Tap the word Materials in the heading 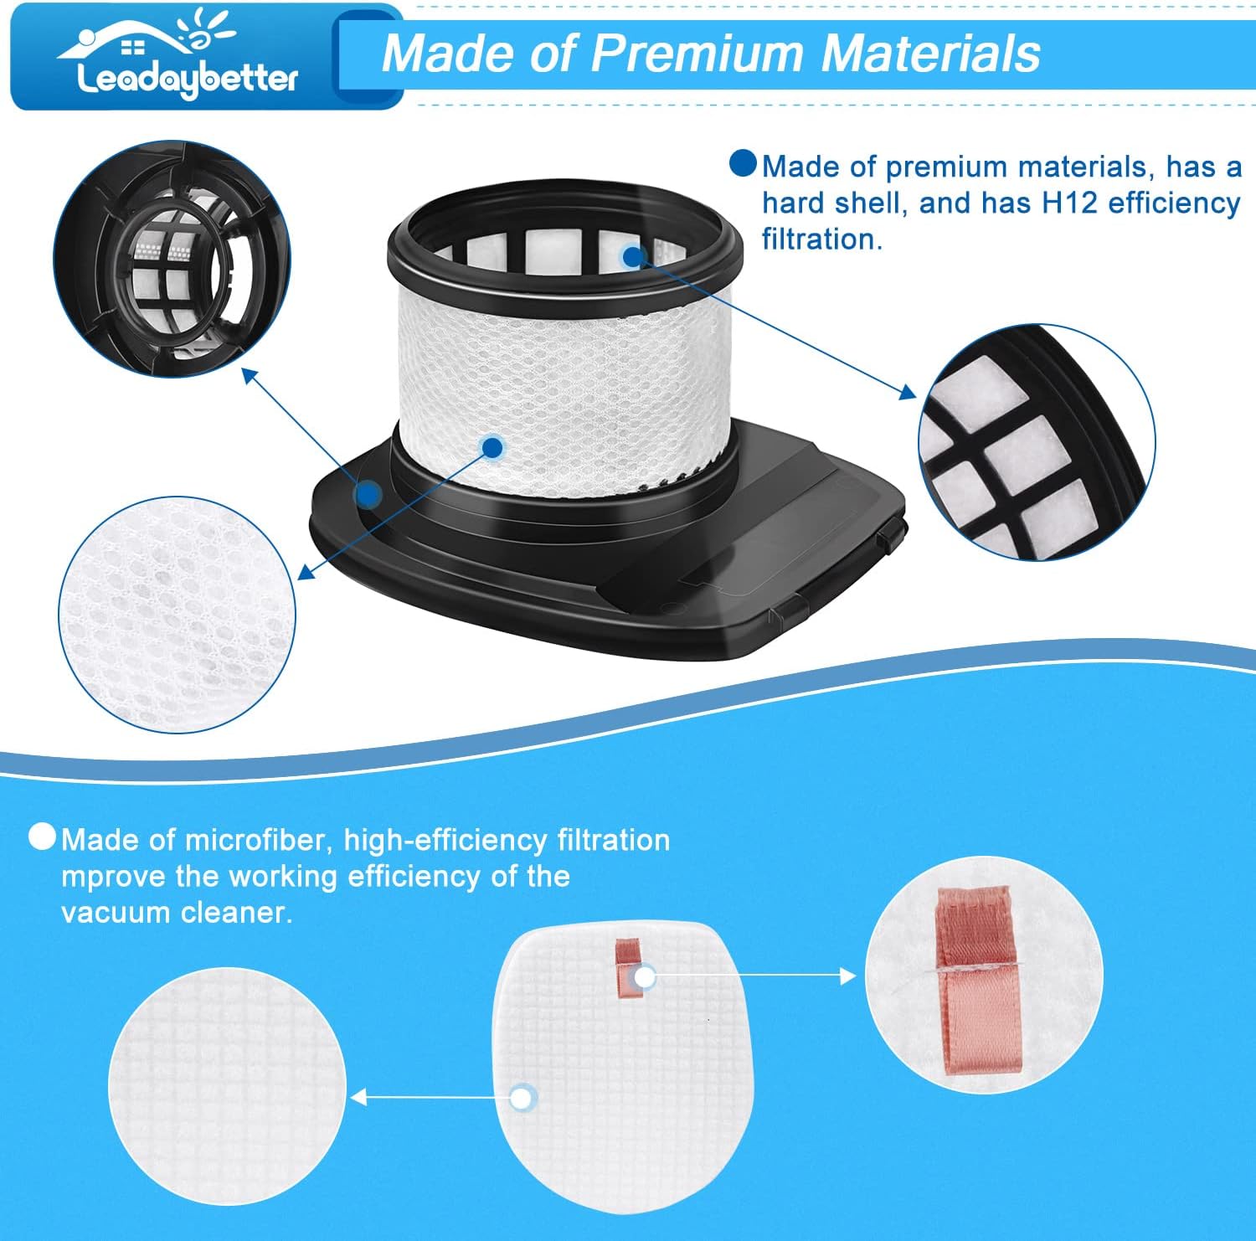coord(930,54)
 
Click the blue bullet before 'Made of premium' coord(743,163)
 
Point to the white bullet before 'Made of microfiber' coord(42,837)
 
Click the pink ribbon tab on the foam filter coord(629,968)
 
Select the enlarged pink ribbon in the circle coord(979,980)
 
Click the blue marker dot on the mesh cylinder coord(493,447)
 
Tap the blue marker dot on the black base coord(368,494)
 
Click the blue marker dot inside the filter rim coord(632,256)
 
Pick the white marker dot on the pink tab coord(644,977)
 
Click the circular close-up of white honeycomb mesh coord(177,615)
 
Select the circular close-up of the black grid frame coord(1037,442)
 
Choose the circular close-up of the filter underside coord(172,259)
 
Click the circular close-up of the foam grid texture coord(227,1086)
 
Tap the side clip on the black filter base coord(893,533)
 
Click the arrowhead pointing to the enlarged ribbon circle coord(847,976)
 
